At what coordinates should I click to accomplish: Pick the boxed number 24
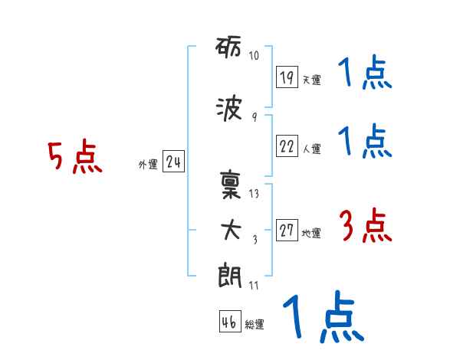(x=173, y=162)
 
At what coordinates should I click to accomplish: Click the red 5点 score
(x=74, y=158)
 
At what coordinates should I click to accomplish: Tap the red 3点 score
(x=364, y=227)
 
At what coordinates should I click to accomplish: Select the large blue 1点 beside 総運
(x=322, y=317)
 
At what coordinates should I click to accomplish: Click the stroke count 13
(x=254, y=194)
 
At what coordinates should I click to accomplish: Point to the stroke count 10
(x=254, y=56)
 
